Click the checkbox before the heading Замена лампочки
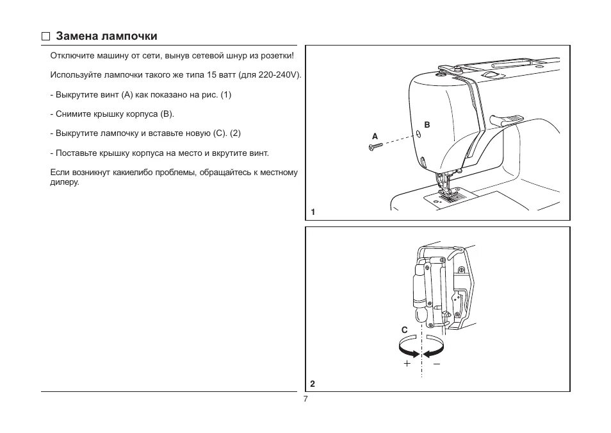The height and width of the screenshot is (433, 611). point(45,37)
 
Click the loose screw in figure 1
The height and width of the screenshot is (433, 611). point(375,148)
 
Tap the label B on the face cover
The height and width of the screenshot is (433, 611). point(427,124)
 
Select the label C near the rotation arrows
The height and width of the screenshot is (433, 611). point(404,330)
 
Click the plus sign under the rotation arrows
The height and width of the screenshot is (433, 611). point(407,363)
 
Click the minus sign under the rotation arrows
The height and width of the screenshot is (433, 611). point(437,363)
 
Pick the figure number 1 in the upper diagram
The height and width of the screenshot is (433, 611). point(313,212)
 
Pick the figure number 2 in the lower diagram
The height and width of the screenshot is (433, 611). point(313,384)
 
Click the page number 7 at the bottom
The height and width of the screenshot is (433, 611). point(305,399)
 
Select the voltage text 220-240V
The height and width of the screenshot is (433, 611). point(279,75)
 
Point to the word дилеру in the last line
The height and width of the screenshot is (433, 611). point(64,182)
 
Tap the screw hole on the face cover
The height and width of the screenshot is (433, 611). point(418,134)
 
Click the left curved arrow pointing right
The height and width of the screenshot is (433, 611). point(409,350)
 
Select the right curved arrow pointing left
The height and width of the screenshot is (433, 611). point(434,350)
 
